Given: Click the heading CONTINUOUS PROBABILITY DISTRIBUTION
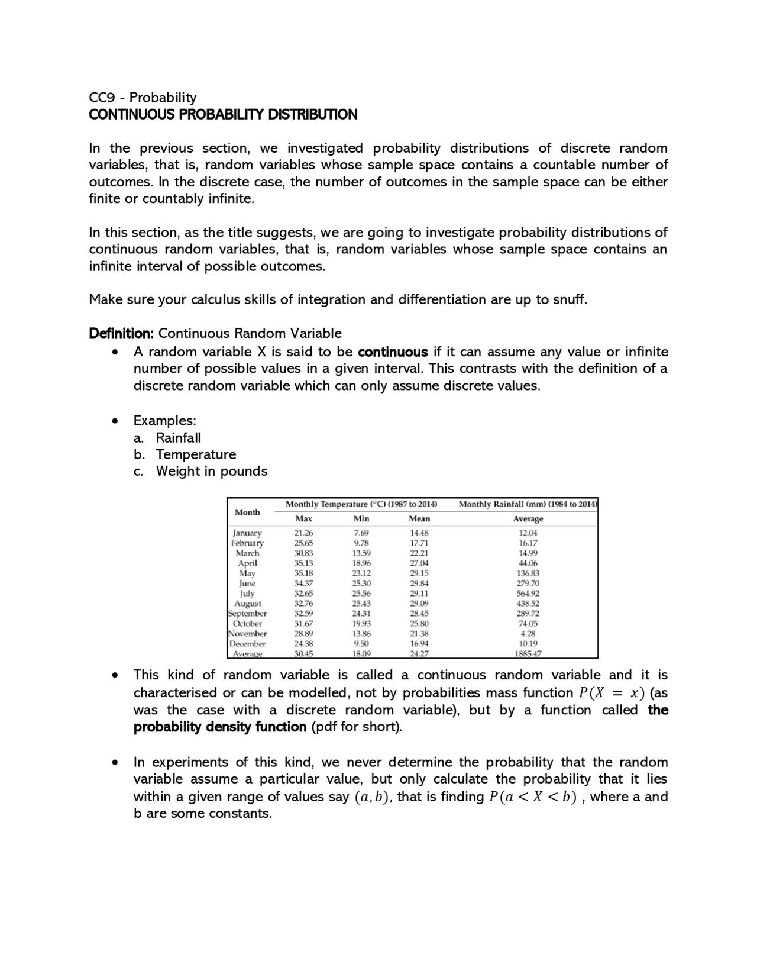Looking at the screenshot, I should click(x=223, y=115).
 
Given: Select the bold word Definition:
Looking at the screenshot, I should click(x=121, y=333).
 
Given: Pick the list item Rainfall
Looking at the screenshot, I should click(x=178, y=438).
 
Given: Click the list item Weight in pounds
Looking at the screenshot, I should click(x=211, y=472).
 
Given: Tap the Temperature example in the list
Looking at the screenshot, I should click(x=196, y=454).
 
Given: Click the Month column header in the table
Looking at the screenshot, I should click(x=247, y=512).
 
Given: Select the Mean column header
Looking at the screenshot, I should click(x=419, y=519).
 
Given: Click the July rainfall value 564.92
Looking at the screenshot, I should click(x=528, y=594).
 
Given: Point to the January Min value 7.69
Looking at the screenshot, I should click(x=361, y=533).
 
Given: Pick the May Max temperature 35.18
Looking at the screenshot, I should click(x=303, y=573).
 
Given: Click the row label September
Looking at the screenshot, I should click(x=247, y=614).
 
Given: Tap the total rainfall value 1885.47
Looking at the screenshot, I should click(x=528, y=654).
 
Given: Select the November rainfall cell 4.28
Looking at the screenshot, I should click(x=528, y=634).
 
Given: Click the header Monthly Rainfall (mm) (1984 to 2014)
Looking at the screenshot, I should click(x=528, y=504).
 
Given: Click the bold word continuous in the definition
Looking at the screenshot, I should click(x=393, y=352).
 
